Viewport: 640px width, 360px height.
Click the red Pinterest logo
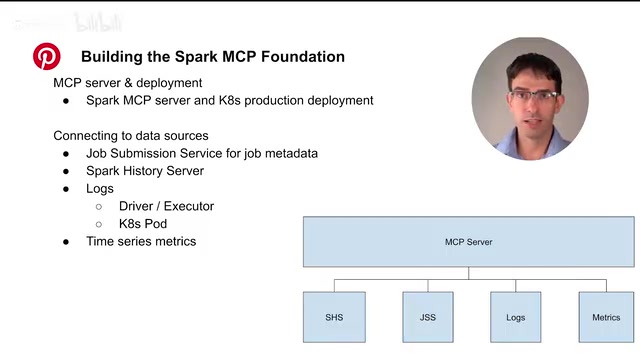(47, 56)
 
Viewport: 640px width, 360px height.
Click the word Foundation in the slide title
(303, 56)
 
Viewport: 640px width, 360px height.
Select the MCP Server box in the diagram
(469, 242)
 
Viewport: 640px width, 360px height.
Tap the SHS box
(334, 317)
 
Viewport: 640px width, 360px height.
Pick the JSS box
(428, 317)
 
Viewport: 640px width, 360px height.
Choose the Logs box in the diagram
(516, 317)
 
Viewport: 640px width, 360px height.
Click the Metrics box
(606, 317)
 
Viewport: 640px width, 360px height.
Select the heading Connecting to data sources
(131, 136)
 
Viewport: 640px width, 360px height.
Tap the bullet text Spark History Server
(145, 171)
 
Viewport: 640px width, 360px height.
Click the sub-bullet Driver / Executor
(166, 206)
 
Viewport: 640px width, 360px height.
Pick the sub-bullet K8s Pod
(143, 224)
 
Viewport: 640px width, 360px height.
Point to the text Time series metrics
(141, 241)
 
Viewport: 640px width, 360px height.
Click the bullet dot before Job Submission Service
(66, 154)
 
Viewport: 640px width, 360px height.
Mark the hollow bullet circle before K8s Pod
(99, 224)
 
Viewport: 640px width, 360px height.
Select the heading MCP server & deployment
(128, 83)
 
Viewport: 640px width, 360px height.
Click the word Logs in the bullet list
(100, 189)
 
